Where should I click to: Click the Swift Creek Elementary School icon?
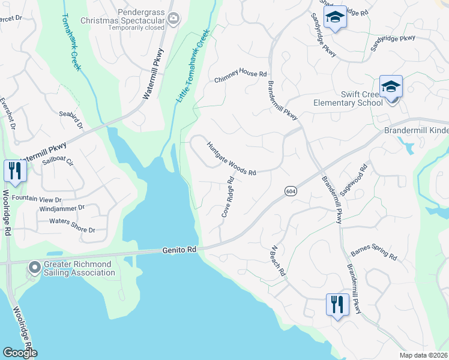(390, 87)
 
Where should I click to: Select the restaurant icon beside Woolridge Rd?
(14, 171)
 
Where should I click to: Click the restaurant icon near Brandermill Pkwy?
(337, 304)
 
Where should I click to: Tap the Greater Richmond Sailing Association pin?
(34, 268)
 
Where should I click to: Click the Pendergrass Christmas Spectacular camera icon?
(173, 19)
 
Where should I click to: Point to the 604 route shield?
(289, 190)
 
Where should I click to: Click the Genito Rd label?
(179, 250)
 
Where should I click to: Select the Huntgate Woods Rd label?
(232, 159)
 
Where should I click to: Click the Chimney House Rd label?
(241, 76)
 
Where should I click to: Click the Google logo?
(20, 353)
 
